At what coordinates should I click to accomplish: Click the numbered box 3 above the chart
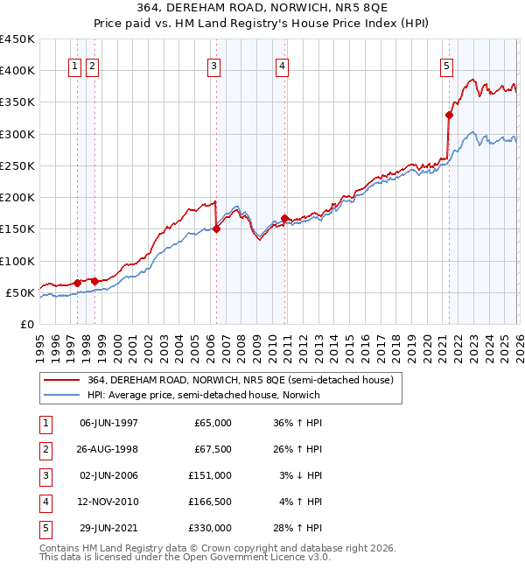pyautogui.click(x=214, y=64)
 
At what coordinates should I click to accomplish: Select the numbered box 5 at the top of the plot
pyautogui.click(x=446, y=64)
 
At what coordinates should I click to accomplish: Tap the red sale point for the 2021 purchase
pyautogui.click(x=449, y=115)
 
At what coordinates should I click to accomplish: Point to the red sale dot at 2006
pyautogui.click(x=216, y=228)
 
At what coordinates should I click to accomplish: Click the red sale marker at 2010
pyautogui.click(x=284, y=219)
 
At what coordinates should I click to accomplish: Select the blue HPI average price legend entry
pyautogui.click(x=203, y=395)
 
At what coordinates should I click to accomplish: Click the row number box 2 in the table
pyautogui.click(x=44, y=449)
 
